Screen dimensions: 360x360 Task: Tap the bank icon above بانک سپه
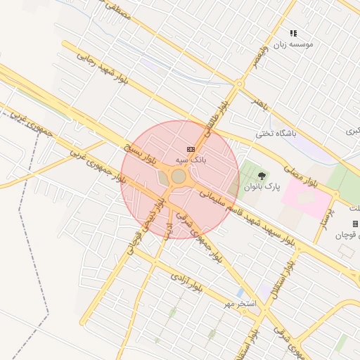tap(191, 149)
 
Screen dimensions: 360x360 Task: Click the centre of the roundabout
tap(179, 176)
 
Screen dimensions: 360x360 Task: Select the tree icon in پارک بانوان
tap(262, 176)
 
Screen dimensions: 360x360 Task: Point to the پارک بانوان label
tap(262, 188)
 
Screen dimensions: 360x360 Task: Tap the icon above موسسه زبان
tap(293, 33)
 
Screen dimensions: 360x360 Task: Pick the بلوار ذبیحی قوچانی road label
tap(146, 224)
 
